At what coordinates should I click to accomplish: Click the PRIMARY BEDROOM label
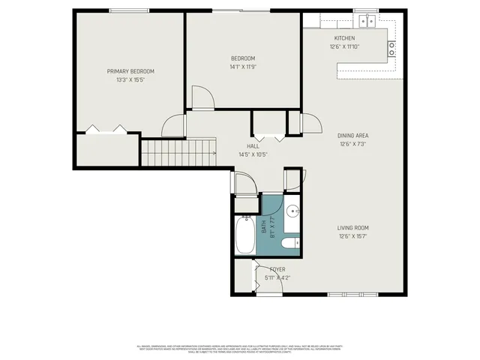tap(130, 71)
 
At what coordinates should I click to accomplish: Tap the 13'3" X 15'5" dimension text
tap(130, 79)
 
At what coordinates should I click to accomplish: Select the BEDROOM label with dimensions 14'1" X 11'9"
tap(243, 58)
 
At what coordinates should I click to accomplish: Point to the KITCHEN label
tap(344, 38)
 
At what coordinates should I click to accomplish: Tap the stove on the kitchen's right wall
tap(391, 49)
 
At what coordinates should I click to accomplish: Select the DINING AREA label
tap(353, 136)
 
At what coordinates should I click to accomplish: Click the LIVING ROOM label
tap(352, 228)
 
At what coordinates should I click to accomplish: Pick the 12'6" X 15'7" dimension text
tap(352, 236)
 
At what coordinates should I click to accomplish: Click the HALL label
tap(253, 146)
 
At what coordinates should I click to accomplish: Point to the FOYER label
tap(277, 269)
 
